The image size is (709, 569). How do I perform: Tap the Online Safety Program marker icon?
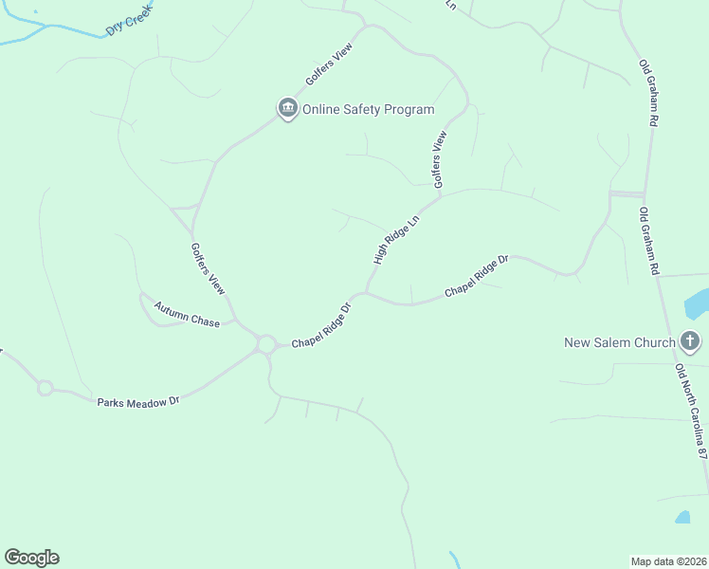(x=287, y=109)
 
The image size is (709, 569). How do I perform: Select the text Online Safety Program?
(x=368, y=109)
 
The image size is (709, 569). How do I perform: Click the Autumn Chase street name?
(x=187, y=316)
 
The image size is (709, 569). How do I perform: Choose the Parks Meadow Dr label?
(x=137, y=402)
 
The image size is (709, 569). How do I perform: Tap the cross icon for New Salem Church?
(x=690, y=341)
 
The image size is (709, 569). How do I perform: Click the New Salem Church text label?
(x=619, y=342)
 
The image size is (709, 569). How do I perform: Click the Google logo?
(x=31, y=558)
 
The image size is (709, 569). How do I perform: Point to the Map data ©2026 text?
(x=669, y=560)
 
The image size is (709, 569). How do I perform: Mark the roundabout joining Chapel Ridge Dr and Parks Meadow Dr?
(x=265, y=343)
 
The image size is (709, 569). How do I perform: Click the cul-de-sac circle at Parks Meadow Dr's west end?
(x=45, y=388)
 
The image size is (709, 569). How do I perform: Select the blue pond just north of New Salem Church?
(x=696, y=304)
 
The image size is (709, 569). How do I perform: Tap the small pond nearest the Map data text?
(x=682, y=518)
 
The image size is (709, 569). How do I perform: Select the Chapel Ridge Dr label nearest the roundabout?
(x=321, y=324)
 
